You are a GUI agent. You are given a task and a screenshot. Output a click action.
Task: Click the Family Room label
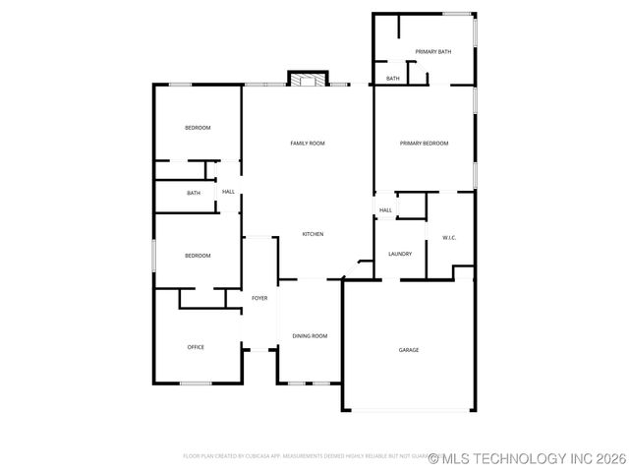(x=307, y=144)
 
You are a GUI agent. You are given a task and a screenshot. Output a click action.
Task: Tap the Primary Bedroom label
(x=424, y=144)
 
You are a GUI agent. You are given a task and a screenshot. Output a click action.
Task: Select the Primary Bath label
(x=432, y=51)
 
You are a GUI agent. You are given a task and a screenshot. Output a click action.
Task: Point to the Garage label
(x=408, y=350)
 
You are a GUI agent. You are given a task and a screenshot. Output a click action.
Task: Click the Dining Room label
(x=310, y=336)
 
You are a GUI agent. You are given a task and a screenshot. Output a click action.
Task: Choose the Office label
(x=196, y=347)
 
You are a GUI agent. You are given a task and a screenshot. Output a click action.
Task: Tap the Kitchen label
(x=313, y=234)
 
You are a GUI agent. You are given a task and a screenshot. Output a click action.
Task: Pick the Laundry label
(x=399, y=254)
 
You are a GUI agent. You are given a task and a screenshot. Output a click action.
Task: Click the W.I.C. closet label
(x=449, y=238)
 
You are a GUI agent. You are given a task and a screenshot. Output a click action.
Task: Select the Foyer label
(x=259, y=298)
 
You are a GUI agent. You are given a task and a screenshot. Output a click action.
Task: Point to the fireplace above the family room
(x=307, y=79)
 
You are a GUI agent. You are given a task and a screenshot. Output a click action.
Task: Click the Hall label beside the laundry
(x=385, y=210)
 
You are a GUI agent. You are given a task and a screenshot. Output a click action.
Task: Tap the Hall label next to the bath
(x=228, y=192)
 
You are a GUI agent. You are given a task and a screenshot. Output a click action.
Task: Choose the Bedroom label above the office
(x=198, y=256)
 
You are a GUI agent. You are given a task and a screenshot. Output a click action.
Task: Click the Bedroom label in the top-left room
(x=198, y=128)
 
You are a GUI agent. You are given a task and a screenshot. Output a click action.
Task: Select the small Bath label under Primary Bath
(x=392, y=79)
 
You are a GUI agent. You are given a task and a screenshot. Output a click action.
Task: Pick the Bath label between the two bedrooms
(x=194, y=193)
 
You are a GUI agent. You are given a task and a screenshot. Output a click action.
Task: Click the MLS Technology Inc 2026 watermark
(x=523, y=458)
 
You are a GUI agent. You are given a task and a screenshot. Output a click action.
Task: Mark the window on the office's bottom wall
(x=196, y=383)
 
